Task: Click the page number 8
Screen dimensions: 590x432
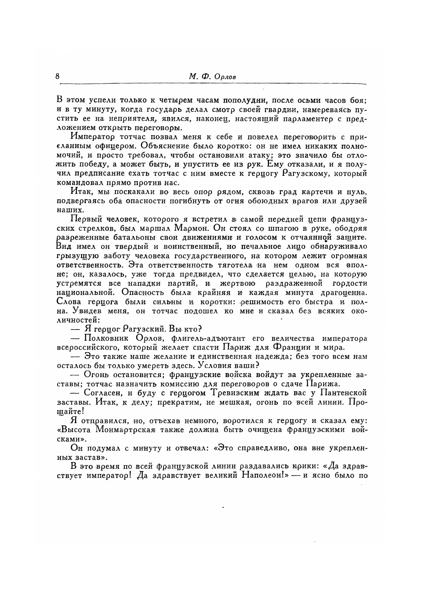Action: (57, 76)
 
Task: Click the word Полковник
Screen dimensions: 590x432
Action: (105, 338)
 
